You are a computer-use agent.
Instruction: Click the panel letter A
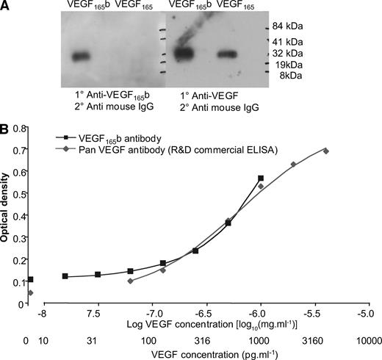pos(6,7)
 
